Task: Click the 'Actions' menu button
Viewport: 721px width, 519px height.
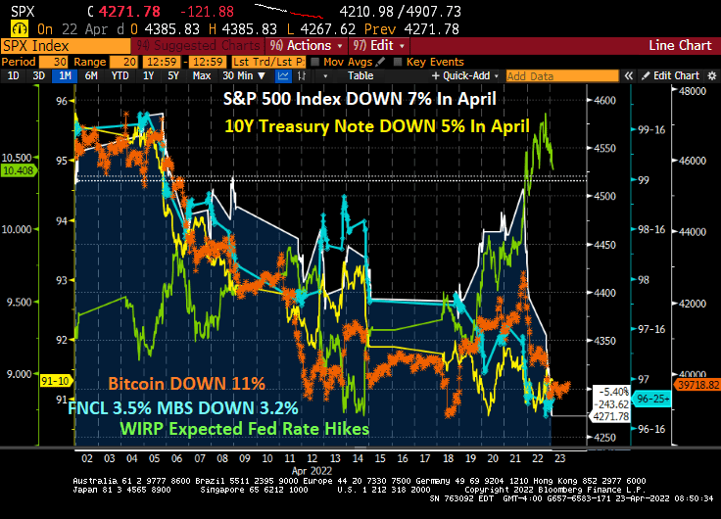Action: tap(309, 45)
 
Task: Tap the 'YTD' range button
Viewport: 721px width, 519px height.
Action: tap(120, 75)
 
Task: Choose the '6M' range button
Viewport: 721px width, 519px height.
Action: tap(91, 75)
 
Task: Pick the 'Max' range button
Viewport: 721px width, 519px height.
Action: tap(202, 75)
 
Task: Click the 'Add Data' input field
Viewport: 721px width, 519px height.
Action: tap(543, 75)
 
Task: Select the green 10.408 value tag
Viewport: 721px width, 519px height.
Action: tap(19, 170)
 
